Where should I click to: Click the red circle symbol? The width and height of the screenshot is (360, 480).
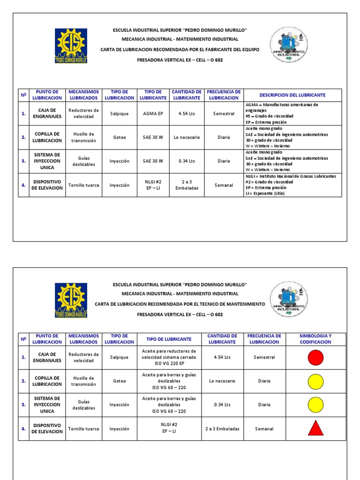pos(315,358)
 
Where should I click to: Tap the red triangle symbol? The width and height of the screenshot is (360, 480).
pos(315,428)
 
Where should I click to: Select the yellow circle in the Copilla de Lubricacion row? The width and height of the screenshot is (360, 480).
pos(315,381)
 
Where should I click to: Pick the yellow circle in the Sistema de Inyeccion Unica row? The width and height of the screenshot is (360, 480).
pos(315,405)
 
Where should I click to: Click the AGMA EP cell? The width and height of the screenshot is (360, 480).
pos(153,114)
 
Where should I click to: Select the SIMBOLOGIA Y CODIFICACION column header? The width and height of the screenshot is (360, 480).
pos(315,339)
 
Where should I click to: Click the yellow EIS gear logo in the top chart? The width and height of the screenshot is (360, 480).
pos(71,45)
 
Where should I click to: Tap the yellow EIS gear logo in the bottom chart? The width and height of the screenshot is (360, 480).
pos(71,300)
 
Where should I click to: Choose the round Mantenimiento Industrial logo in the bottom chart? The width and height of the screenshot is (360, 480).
pos(289,300)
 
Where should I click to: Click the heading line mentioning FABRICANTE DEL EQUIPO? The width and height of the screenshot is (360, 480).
pos(180,49)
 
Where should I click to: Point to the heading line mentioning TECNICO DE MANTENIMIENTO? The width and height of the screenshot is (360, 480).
pos(180,304)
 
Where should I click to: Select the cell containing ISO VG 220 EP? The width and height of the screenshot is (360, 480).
pos(169,358)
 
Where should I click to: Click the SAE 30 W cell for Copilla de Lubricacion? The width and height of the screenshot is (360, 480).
pos(153,137)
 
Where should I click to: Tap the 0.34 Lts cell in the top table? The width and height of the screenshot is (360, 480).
pos(187,161)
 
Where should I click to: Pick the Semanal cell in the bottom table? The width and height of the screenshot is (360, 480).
pos(264,428)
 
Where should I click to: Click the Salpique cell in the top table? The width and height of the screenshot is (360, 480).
pos(120,114)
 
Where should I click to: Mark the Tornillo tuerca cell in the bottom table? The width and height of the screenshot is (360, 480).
pos(84,428)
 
